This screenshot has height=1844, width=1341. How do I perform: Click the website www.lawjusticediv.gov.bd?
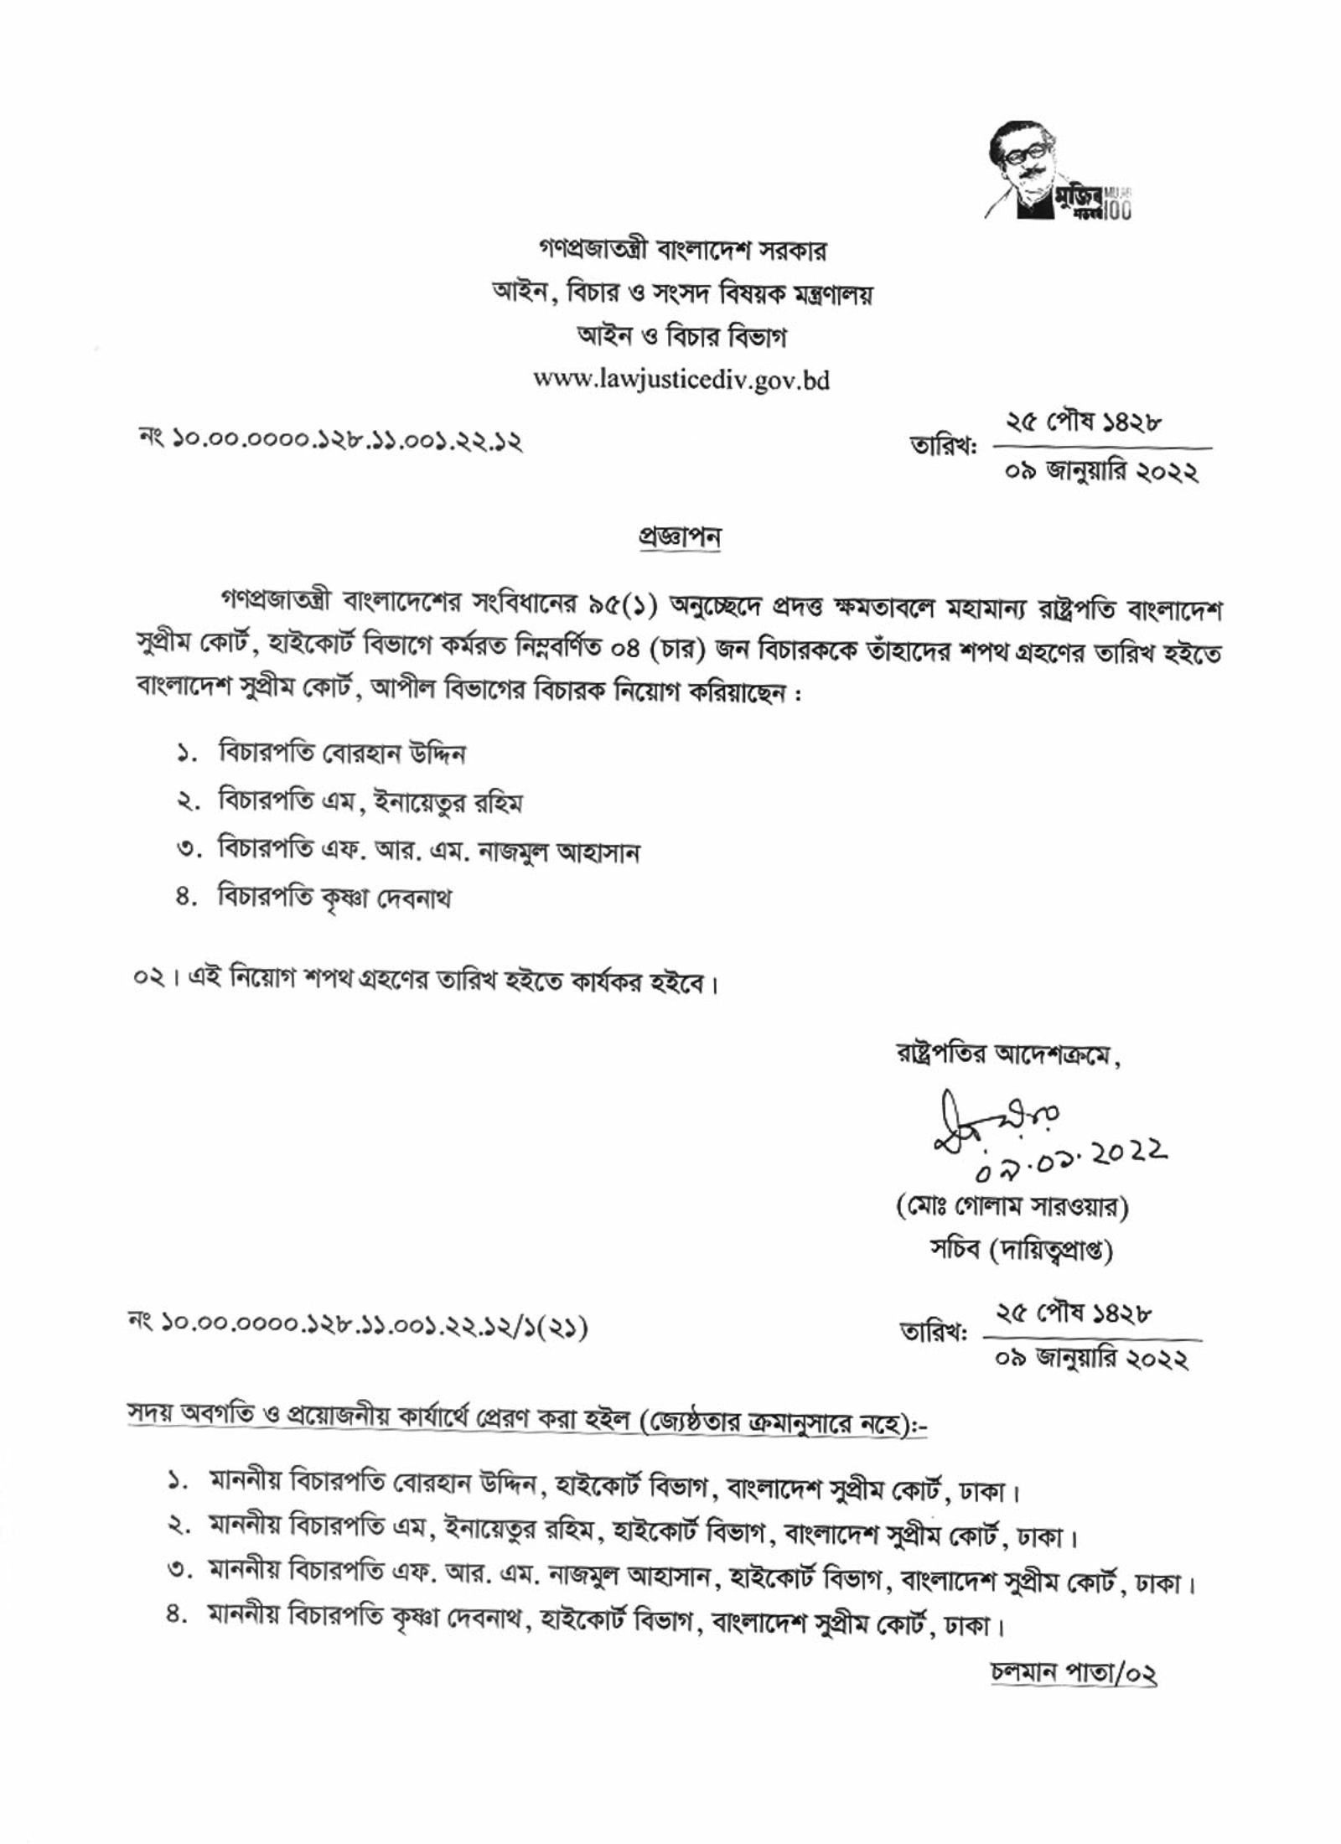coord(681,381)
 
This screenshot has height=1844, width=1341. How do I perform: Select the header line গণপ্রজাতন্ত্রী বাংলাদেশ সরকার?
coord(681,251)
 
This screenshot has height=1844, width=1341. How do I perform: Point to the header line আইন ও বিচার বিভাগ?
coord(681,337)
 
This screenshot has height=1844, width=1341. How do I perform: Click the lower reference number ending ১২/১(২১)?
coord(356,1327)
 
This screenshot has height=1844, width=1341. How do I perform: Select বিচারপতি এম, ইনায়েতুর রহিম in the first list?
coord(370,802)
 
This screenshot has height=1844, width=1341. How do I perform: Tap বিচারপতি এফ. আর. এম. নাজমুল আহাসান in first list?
coord(428,852)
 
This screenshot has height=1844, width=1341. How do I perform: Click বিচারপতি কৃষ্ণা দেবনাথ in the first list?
coord(334,898)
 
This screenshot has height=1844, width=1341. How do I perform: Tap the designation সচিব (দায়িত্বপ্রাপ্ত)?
coord(1021,1251)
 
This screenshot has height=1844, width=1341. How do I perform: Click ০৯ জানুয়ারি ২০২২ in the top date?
coord(1102,474)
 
